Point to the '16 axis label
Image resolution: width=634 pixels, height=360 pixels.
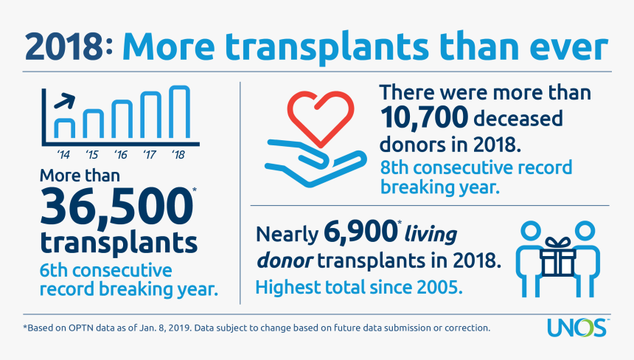(122, 155)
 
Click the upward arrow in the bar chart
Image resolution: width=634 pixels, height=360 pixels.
(65, 100)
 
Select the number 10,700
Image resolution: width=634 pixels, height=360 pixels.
(423, 117)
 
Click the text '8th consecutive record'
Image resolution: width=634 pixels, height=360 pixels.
(476, 167)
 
